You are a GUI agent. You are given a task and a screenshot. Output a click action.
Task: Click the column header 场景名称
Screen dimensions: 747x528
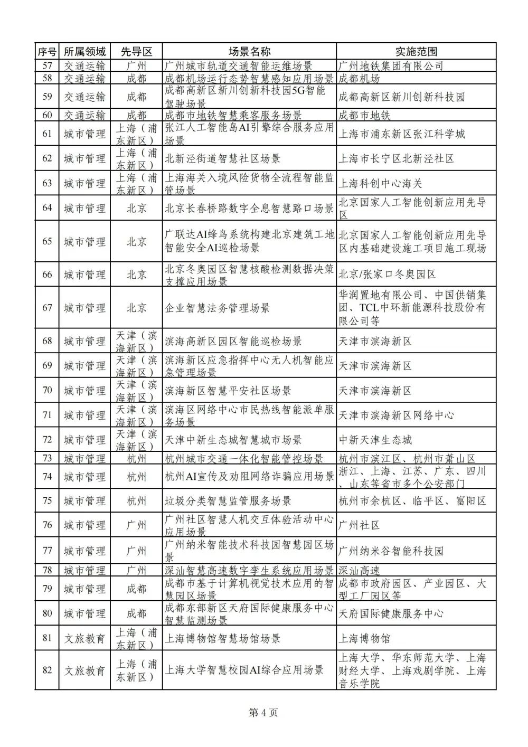[249, 51]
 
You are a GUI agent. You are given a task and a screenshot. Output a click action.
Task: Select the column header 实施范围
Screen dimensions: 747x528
[416, 51]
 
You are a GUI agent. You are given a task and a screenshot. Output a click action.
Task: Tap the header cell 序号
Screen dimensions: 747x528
[47, 51]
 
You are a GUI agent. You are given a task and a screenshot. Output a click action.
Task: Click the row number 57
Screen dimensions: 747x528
[47, 66]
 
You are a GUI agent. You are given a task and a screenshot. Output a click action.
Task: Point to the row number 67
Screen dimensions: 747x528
[47, 307]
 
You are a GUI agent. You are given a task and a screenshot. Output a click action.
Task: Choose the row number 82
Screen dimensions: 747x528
[47, 670]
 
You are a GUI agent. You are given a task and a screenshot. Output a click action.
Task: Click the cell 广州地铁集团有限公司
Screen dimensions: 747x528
[391, 66]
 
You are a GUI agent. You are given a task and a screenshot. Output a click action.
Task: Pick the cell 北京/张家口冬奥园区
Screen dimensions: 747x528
[387, 275]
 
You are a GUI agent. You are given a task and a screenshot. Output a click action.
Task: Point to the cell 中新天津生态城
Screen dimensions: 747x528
[375, 440]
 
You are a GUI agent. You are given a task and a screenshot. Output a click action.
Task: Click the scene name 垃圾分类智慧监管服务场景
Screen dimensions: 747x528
[228, 500]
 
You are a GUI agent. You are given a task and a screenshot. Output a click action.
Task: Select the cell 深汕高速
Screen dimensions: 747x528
[359, 570]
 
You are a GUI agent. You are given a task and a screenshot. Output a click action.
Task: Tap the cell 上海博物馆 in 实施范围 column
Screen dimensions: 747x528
[364, 638]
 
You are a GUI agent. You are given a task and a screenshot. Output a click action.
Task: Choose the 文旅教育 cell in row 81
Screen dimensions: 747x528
[84, 638]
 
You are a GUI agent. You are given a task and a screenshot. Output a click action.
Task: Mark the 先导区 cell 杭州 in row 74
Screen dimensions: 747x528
[136, 476]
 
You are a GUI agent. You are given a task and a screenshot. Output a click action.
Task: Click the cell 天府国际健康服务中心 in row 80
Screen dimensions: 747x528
[391, 613]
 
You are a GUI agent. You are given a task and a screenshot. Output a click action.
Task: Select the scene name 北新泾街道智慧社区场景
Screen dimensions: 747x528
[223, 158]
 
